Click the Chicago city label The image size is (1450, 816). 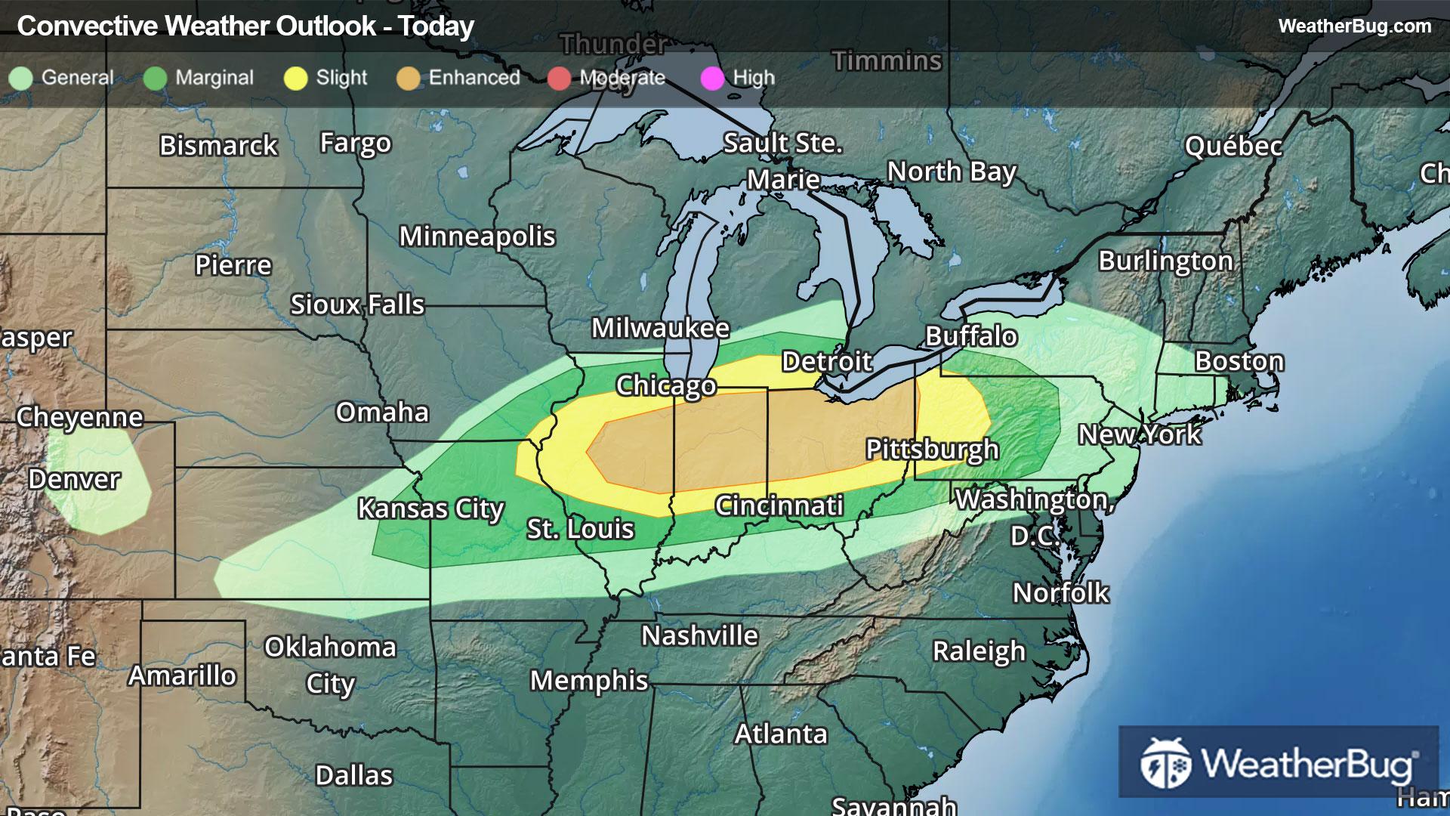point(665,385)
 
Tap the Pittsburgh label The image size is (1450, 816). point(932,450)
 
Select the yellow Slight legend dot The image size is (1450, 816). point(295,78)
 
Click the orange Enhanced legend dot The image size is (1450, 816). point(408,78)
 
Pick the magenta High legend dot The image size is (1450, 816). point(712,78)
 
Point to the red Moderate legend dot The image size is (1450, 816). point(559,78)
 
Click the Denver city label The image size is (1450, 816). point(74,479)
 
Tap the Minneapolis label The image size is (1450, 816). point(477,236)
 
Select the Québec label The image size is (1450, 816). point(1232,146)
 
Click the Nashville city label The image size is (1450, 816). point(699,636)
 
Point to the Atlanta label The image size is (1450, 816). point(781,734)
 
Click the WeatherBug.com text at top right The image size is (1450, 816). point(1354,26)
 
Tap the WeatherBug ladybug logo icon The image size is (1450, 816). point(1165,763)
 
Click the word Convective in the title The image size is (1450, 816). point(87,26)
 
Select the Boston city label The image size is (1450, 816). point(1239,361)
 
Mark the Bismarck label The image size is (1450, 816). point(218,146)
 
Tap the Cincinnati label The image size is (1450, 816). point(779,505)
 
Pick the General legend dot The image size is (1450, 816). point(20,78)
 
